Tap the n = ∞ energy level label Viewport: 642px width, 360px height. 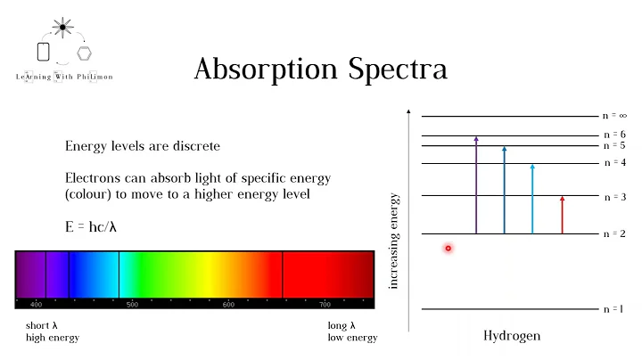click(615, 116)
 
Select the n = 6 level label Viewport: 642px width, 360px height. click(615, 135)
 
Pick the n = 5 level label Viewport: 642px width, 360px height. click(615, 145)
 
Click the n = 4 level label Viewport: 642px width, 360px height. click(615, 163)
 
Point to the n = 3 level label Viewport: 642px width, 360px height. click(615, 196)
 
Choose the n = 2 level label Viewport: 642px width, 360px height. click(615, 233)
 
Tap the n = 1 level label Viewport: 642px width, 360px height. click(615, 309)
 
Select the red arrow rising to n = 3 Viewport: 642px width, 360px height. click(562, 215)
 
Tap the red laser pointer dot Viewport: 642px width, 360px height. click(449, 249)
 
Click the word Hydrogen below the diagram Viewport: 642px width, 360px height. click(512, 336)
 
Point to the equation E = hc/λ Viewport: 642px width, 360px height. click(91, 226)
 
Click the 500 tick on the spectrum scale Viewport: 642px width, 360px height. click(132, 305)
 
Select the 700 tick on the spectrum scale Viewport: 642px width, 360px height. click(325, 305)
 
